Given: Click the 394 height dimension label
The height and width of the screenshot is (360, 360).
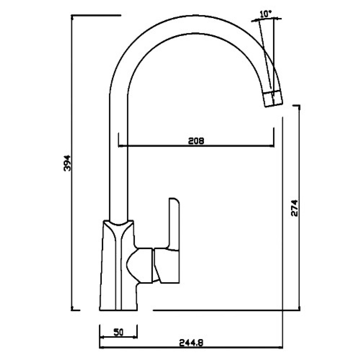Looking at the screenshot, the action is tap(67, 163).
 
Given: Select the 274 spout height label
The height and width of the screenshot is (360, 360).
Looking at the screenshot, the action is tap(294, 208).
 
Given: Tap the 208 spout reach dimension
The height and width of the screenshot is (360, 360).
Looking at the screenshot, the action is tap(196, 141).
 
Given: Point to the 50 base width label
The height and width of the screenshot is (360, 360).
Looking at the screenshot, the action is tap(118, 332).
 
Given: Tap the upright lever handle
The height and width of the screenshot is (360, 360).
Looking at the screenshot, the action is tap(174, 224).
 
